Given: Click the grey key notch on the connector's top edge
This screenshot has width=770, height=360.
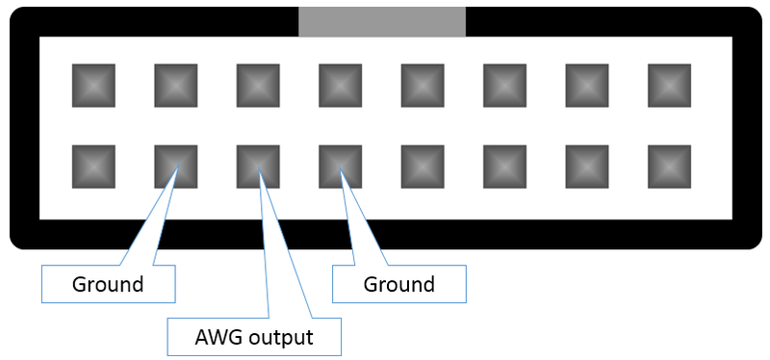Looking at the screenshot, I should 381,21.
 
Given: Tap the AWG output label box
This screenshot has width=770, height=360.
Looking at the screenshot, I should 255,338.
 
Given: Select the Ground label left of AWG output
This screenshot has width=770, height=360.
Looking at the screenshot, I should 108,285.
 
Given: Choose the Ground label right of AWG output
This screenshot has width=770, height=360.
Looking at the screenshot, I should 398,285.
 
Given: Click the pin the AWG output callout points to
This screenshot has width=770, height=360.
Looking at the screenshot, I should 258,166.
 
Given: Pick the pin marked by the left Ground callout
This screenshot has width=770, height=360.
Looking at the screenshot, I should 176,166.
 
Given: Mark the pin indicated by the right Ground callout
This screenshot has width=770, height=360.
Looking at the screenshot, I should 340,166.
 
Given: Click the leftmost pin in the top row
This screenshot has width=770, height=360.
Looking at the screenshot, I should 93,85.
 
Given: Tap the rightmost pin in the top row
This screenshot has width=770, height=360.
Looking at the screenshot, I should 669,85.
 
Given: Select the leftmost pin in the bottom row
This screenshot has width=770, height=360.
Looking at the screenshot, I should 93,166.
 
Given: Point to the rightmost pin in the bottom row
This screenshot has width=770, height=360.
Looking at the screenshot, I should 669,166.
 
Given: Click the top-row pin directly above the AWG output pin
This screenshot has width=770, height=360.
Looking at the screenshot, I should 258,85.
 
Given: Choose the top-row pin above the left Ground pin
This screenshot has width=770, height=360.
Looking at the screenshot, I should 176,85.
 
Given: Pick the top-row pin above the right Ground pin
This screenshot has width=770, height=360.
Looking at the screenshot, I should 340,85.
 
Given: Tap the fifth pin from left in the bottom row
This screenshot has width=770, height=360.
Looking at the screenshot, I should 423,166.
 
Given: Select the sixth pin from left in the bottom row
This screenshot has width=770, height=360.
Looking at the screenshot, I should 504,166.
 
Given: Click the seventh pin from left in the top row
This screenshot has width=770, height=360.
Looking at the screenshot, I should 587,85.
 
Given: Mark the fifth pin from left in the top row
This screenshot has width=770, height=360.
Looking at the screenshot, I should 423,85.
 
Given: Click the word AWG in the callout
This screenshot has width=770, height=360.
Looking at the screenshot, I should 215,338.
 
